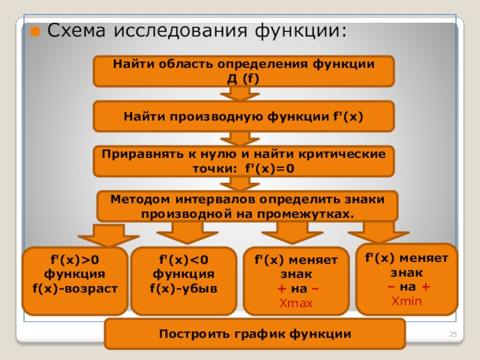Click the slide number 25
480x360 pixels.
coord(454,335)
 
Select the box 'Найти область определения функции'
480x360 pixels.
coord(244,71)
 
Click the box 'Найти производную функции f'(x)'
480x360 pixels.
coord(244,116)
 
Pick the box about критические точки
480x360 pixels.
coord(244,161)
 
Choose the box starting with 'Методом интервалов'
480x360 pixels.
coord(247,206)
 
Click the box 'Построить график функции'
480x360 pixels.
coord(254,334)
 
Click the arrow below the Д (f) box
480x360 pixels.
coord(240,94)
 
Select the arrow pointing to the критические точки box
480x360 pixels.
coord(240,139)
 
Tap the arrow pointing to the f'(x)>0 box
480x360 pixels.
coord(109,234)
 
